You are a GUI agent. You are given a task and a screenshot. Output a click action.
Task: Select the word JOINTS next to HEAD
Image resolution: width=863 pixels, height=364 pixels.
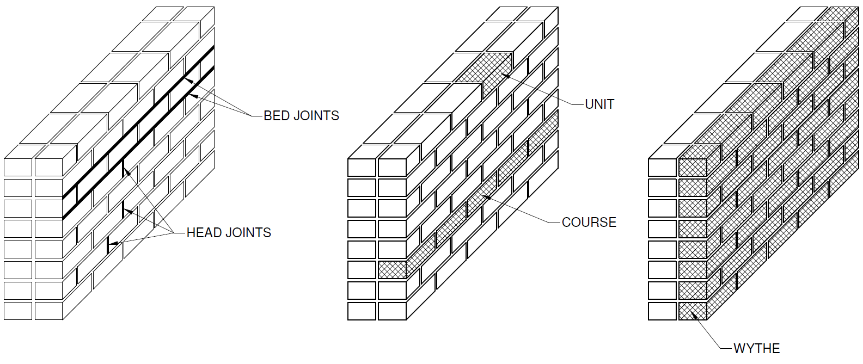point(250,233)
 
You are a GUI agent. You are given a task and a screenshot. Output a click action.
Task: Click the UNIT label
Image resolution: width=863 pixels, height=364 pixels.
point(599,104)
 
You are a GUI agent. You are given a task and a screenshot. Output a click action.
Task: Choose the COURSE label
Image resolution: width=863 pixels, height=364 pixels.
point(589,222)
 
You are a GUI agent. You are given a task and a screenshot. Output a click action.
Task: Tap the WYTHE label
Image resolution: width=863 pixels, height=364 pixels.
point(756,348)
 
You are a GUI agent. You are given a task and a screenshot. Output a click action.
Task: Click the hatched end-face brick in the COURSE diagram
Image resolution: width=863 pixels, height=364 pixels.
point(392,270)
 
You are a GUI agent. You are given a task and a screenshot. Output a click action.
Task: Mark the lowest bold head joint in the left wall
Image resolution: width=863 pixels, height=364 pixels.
point(108,244)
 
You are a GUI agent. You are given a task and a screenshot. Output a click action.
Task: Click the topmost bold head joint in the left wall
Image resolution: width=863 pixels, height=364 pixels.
point(124,167)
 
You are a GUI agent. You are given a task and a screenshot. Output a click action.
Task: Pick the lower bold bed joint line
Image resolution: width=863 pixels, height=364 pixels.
point(136,143)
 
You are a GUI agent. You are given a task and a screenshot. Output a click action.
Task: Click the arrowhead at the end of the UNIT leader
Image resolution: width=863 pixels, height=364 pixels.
point(505,76)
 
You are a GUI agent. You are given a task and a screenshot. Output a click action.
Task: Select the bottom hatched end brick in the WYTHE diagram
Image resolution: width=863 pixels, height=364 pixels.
point(693,311)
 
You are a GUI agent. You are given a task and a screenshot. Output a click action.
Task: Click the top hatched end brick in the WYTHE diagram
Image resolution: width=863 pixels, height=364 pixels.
point(693,168)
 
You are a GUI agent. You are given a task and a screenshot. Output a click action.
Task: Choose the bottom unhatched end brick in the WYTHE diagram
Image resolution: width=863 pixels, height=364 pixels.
point(663,311)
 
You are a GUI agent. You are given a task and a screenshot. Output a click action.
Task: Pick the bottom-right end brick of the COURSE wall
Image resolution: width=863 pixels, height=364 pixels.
point(392,311)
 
